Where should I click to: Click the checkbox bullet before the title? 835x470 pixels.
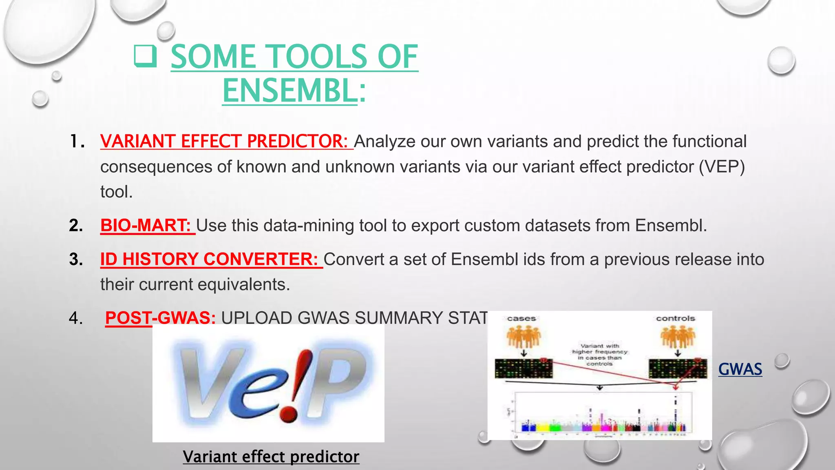[x=146, y=57]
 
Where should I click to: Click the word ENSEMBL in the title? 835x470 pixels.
[x=290, y=91]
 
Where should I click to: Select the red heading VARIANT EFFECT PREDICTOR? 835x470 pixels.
[x=224, y=141]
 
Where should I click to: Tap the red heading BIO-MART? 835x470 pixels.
[x=146, y=225]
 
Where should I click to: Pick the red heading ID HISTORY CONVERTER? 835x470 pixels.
[x=209, y=259]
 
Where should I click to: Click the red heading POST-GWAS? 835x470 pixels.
[x=160, y=318]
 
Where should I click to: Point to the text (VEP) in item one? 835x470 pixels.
[x=722, y=166]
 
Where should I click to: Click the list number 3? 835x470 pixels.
[x=76, y=259]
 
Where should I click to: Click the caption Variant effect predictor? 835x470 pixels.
[x=271, y=457]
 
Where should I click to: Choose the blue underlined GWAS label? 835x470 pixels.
[x=740, y=369]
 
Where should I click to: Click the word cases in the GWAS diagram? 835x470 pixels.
[x=521, y=319]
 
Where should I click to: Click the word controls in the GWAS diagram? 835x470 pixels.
[x=675, y=318]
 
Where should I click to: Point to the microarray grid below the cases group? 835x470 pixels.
[x=524, y=368]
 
